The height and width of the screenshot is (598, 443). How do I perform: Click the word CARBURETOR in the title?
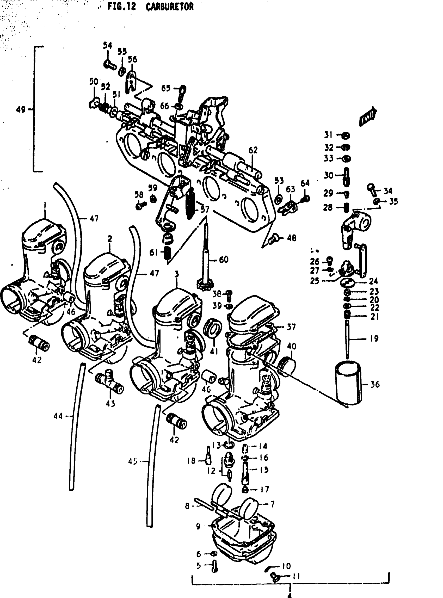pyautogui.click(x=169, y=7)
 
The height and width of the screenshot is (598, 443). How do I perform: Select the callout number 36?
pyautogui.click(x=375, y=385)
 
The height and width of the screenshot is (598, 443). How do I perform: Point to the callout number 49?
pyautogui.click(x=20, y=109)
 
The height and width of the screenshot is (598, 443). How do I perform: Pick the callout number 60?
pyautogui.click(x=224, y=259)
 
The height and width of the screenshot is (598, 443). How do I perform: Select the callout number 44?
pyautogui.click(x=58, y=416)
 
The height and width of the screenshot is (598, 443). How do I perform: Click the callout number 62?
pyautogui.click(x=253, y=150)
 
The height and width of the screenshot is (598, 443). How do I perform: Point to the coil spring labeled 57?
pyautogui.click(x=190, y=200)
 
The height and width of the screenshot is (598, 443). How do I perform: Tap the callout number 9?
pyautogui.click(x=198, y=526)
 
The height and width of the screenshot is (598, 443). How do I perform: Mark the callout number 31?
pyautogui.click(x=328, y=135)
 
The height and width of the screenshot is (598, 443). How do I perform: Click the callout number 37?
pyautogui.click(x=291, y=327)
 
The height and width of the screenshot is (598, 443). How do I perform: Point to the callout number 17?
pyautogui.click(x=264, y=489)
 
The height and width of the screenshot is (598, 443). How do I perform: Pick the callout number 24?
pyautogui.click(x=373, y=281)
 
